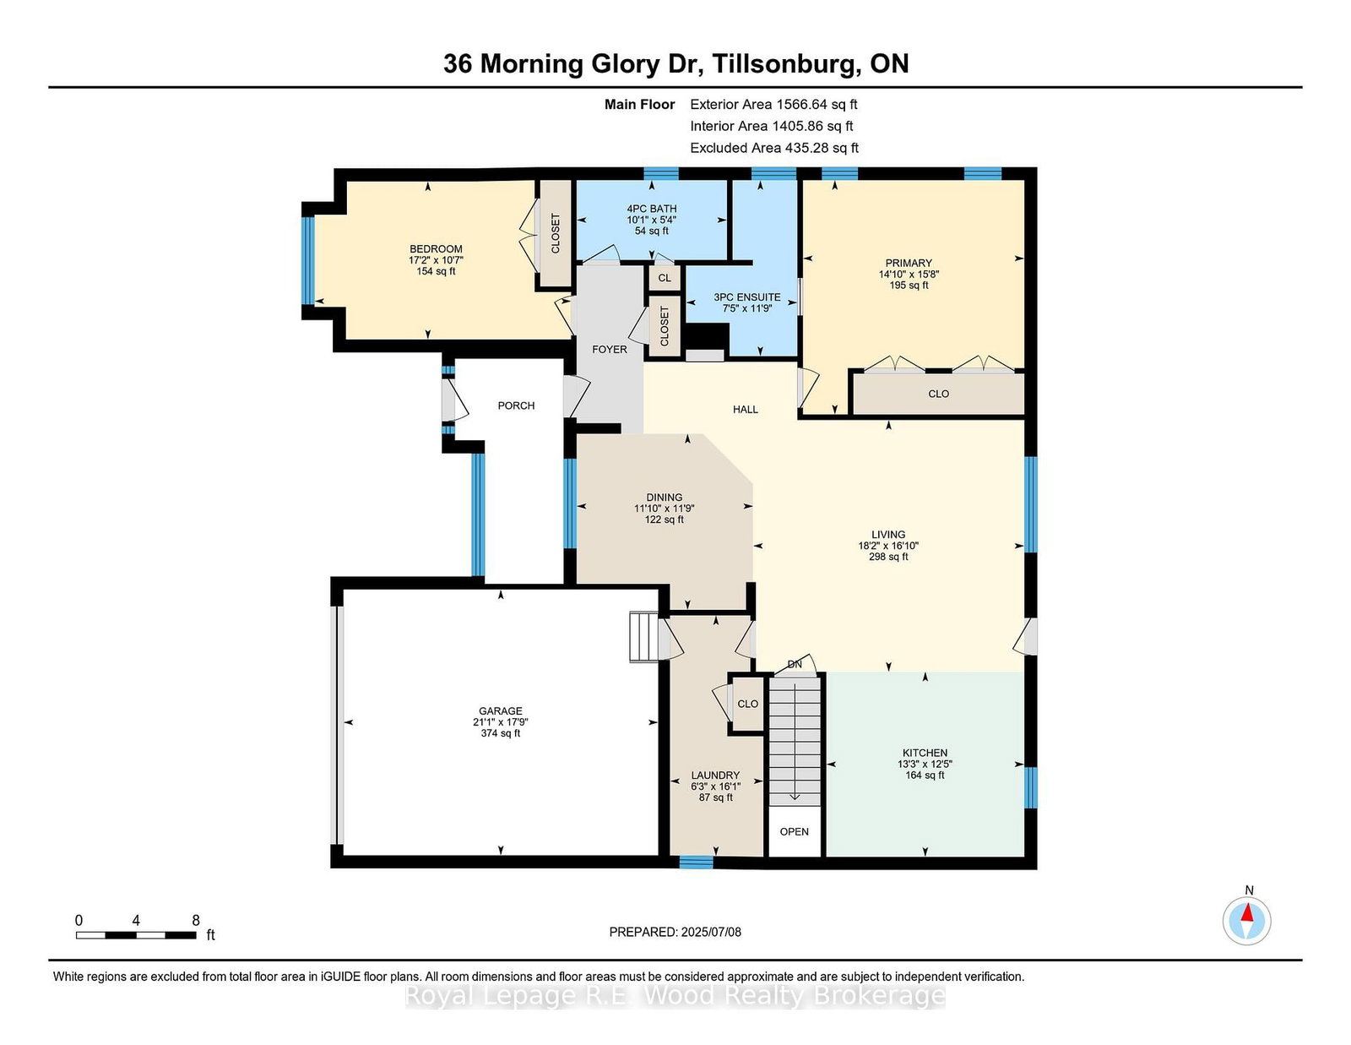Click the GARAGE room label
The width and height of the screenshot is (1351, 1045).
[501, 710]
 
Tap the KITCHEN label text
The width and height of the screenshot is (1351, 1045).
[925, 753]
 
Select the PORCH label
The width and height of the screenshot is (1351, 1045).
[516, 405]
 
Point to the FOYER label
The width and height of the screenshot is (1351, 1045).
[610, 350]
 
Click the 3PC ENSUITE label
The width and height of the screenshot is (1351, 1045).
[746, 297]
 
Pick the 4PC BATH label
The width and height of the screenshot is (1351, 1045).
[652, 209]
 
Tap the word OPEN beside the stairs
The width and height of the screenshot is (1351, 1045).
[795, 831]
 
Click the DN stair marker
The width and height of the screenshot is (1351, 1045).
[795, 664]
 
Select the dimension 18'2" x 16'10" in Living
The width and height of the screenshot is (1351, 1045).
[888, 546]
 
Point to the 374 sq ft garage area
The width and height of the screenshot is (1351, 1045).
[501, 732]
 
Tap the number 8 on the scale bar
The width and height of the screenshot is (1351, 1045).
[196, 920]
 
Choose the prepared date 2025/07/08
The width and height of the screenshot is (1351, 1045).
[711, 932]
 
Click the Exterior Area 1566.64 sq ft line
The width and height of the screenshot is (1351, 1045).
[773, 105]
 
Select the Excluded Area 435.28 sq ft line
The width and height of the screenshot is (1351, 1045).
[774, 148]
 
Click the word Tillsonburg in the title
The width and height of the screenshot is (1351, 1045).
[786, 64]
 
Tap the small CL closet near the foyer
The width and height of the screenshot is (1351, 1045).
[665, 278]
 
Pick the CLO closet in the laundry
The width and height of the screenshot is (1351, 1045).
[747, 704]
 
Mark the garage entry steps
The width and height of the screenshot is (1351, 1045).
[643, 636]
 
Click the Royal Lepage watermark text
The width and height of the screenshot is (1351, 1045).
[675, 996]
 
